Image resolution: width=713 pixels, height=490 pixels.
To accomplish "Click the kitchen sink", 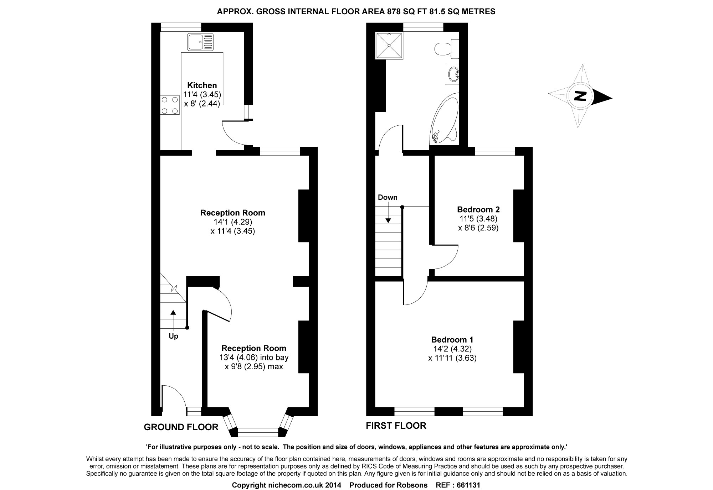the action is (x=201, y=41).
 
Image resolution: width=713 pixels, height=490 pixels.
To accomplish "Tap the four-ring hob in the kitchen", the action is (x=170, y=105).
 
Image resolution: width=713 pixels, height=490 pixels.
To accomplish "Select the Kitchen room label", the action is (x=202, y=85).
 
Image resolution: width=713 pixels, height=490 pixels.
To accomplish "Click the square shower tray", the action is (x=389, y=45).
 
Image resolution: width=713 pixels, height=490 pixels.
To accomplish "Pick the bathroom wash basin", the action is (x=452, y=74).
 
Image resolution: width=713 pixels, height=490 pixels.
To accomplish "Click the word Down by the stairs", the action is (x=388, y=197).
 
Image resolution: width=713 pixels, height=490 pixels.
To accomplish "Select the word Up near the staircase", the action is (x=173, y=336).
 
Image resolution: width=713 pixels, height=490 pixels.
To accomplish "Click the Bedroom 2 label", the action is (x=478, y=209).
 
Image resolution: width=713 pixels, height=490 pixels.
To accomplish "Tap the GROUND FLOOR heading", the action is (x=181, y=427).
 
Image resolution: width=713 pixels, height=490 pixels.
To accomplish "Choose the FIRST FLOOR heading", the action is (x=396, y=426).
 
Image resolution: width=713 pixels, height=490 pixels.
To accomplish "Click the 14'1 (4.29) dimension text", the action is (x=233, y=222).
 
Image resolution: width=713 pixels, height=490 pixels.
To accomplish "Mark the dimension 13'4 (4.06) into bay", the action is (x=254, y=357).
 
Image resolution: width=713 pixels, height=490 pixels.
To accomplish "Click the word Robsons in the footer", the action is (x=413, y=485).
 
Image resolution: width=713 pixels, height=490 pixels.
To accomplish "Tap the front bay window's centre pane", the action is (x=258, y=432).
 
